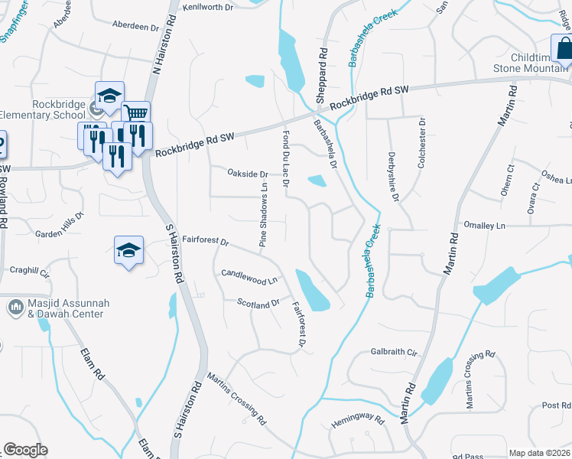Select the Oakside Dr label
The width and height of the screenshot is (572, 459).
[248, 174]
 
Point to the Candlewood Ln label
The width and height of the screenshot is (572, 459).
[249, 276]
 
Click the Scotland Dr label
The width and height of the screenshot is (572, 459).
[259, 304]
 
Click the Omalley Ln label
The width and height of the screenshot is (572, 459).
[485, 226]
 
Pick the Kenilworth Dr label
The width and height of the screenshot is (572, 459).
[207, 7]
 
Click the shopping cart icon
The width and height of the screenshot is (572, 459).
[135, 114]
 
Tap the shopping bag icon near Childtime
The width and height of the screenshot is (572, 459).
[564, 47]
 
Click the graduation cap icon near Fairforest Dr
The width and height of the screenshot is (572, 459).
[129, 249]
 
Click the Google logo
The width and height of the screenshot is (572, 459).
[25, 449]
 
